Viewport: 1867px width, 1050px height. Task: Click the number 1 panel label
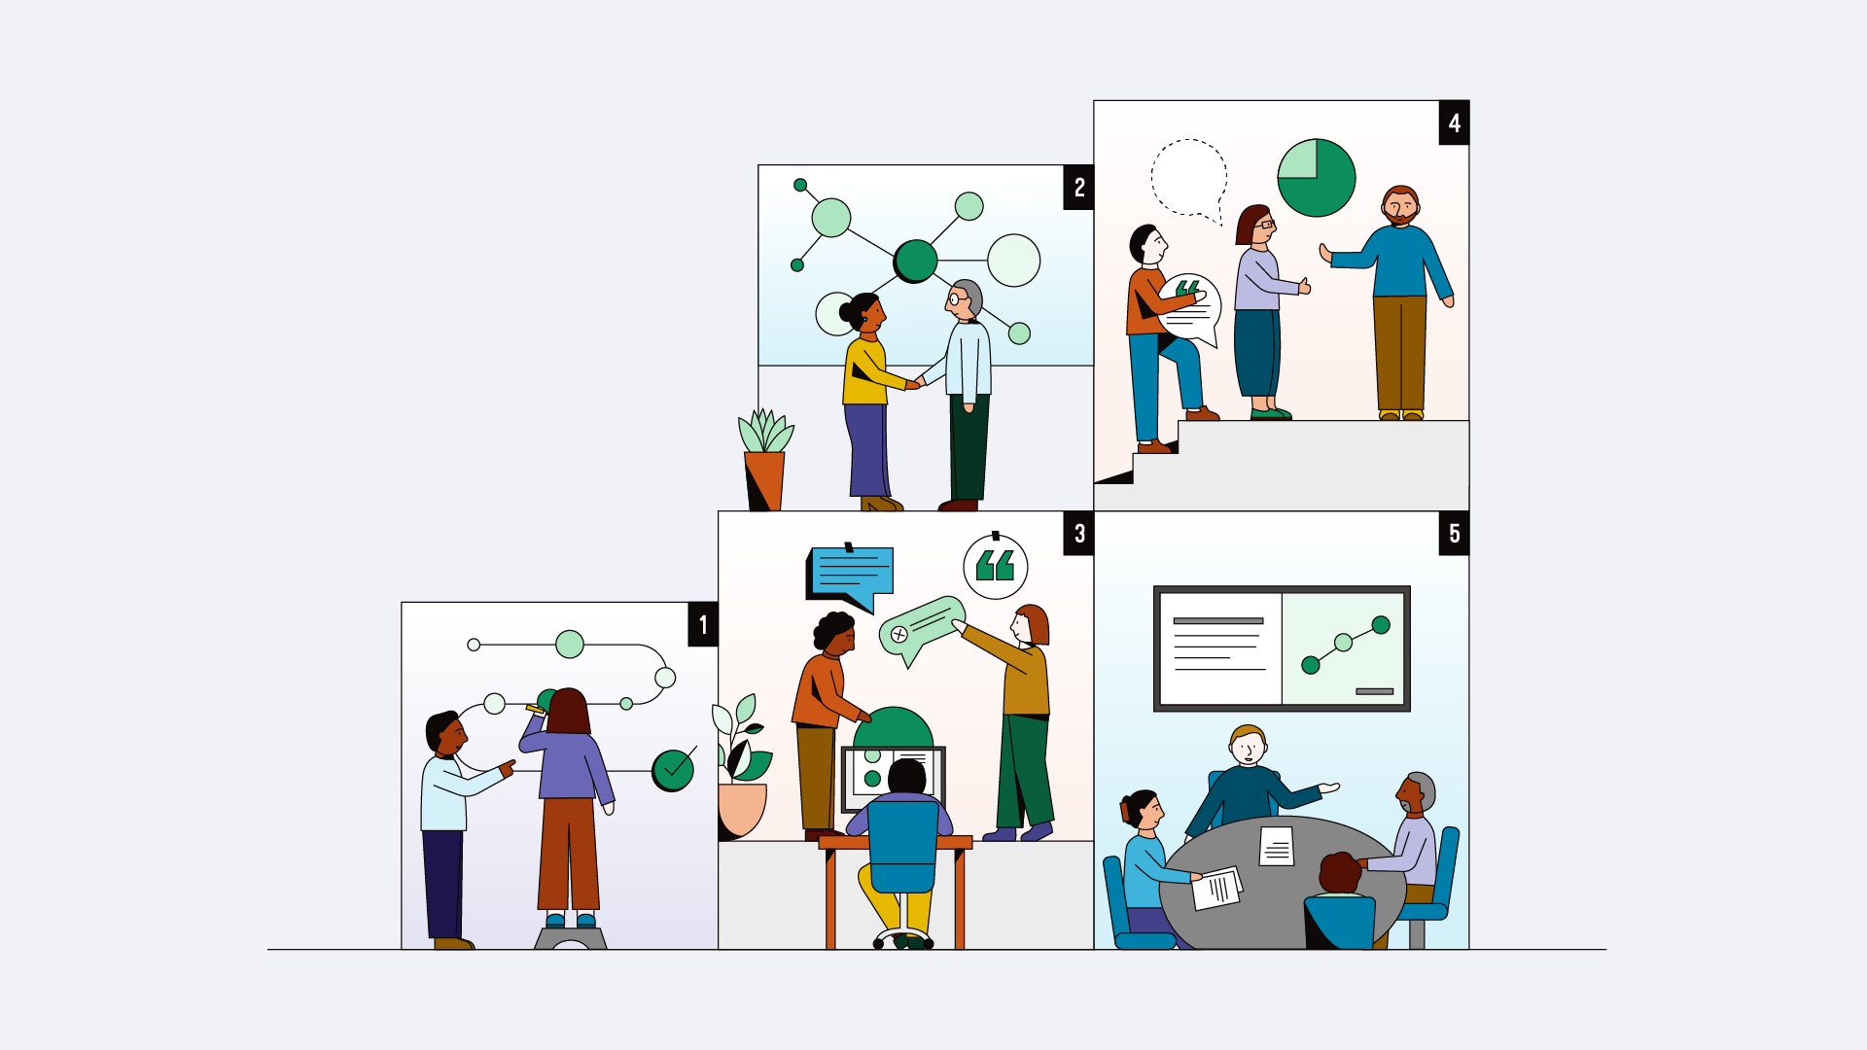click(703, 625)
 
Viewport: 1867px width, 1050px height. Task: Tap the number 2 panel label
click(1078, 188)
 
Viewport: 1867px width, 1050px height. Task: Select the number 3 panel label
click(1078, 534)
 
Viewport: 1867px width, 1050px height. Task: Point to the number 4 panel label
click(1454, 123)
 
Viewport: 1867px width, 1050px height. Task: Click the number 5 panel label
click(1454, 534)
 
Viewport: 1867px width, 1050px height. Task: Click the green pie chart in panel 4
click(1317, 178)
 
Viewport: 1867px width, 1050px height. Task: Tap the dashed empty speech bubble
click(1188, 177)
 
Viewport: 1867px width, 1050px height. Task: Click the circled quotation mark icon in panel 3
click(995, 566)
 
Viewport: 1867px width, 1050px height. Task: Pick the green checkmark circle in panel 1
click(673, 770)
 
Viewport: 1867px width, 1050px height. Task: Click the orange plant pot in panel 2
click(764, 479)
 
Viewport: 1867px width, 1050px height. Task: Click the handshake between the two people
click(916, 382)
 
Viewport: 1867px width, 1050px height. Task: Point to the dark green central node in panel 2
click(915, 261)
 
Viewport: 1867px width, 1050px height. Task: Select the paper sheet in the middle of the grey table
click(1277, 846)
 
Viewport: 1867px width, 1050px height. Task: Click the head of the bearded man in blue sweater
click(1400, 206)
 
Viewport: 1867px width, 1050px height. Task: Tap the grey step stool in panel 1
click(571, 938)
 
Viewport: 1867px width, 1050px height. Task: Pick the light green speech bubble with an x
click(922, 627)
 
